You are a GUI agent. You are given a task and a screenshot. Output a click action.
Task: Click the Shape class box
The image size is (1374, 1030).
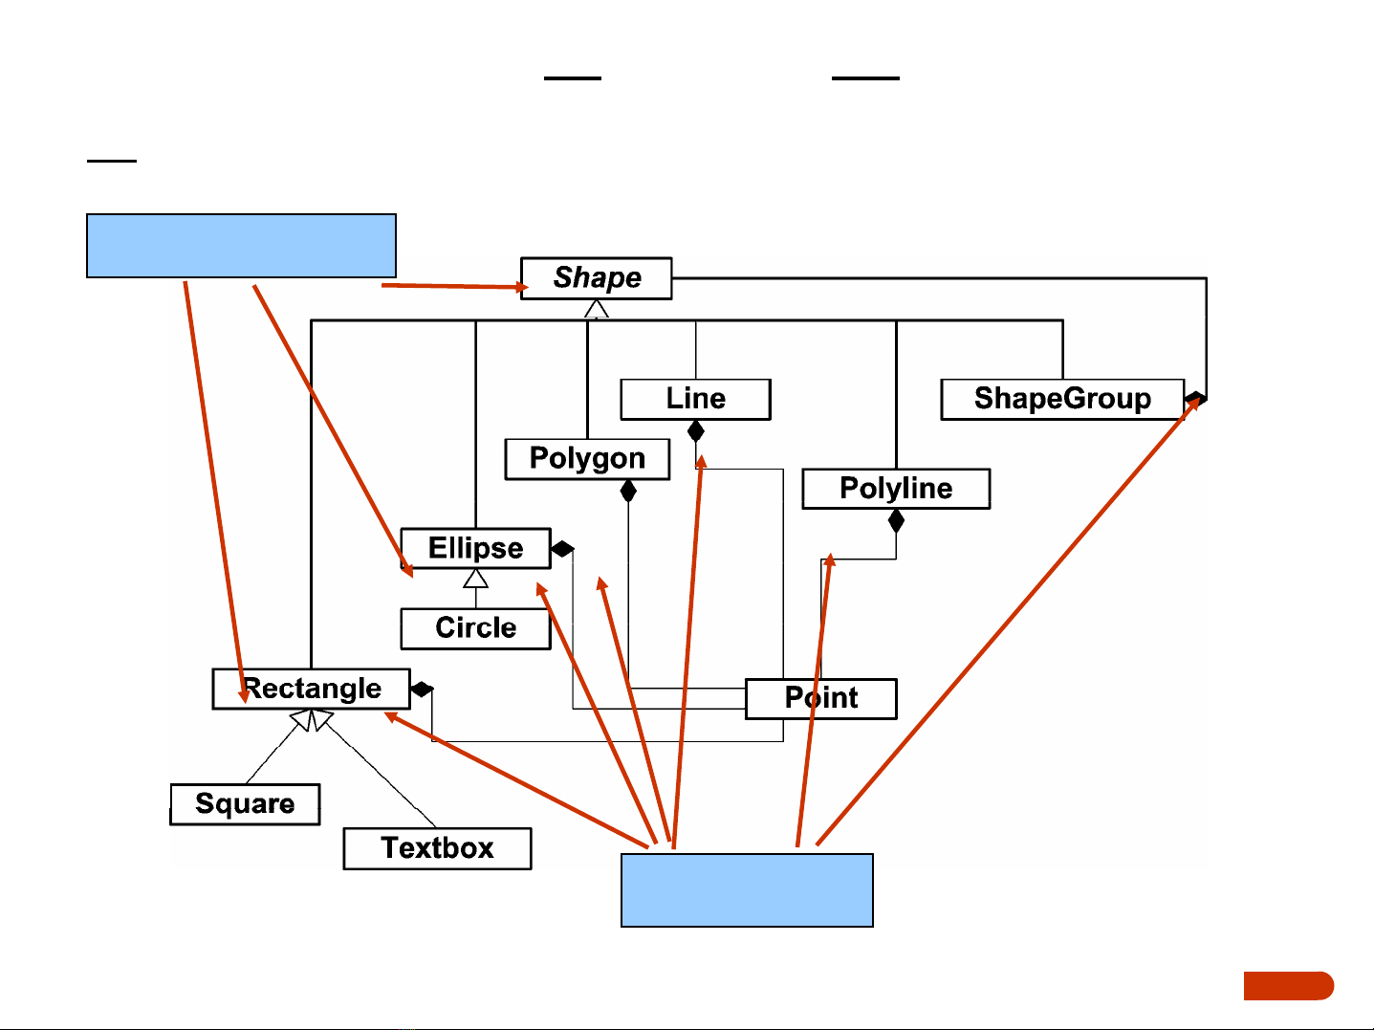tap(596, 278)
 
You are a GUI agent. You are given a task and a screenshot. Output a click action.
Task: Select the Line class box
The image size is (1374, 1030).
tap(695, 399)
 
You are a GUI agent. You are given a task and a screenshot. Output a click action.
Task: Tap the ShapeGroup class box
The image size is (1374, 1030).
tap(1061, 399)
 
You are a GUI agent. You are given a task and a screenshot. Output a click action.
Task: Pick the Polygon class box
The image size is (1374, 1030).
tap(587, 459)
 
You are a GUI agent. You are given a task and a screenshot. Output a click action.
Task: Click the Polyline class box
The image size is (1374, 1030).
tap(896, 489)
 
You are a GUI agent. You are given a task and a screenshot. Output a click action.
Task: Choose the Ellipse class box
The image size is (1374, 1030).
tap(475, 548)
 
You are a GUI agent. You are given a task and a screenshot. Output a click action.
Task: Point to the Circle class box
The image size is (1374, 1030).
tap(475, 628)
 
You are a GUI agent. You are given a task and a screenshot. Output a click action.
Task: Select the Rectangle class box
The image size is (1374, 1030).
tap(311, 689)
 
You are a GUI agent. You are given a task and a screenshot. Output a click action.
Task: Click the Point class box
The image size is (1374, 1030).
tap(820, 698)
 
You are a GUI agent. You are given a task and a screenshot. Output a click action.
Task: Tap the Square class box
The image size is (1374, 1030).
tap(245, 804)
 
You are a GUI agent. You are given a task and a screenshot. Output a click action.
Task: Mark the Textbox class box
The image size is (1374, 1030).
tap(437, 848)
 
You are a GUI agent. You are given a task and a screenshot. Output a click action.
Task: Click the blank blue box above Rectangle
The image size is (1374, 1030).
tap(241, 246)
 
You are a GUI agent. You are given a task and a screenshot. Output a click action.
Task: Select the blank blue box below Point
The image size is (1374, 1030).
tap(747, 890)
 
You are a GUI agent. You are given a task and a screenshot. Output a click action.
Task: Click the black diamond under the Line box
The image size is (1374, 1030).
tap(696, 431)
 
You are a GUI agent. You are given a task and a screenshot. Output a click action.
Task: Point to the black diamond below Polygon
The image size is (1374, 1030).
tap(628, 492)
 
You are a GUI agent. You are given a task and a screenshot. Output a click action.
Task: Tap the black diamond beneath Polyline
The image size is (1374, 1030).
tap(896, 521)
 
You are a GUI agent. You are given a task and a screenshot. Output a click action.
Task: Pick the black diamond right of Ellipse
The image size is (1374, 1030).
tap(563, 549)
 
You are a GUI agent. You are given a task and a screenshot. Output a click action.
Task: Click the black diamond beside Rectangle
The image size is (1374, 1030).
tap(422, 689)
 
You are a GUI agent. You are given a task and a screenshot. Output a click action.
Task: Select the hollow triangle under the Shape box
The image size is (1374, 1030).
tap(597, 308)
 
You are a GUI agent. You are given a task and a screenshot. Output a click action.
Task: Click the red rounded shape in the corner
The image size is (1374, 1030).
tap(1288, 986)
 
